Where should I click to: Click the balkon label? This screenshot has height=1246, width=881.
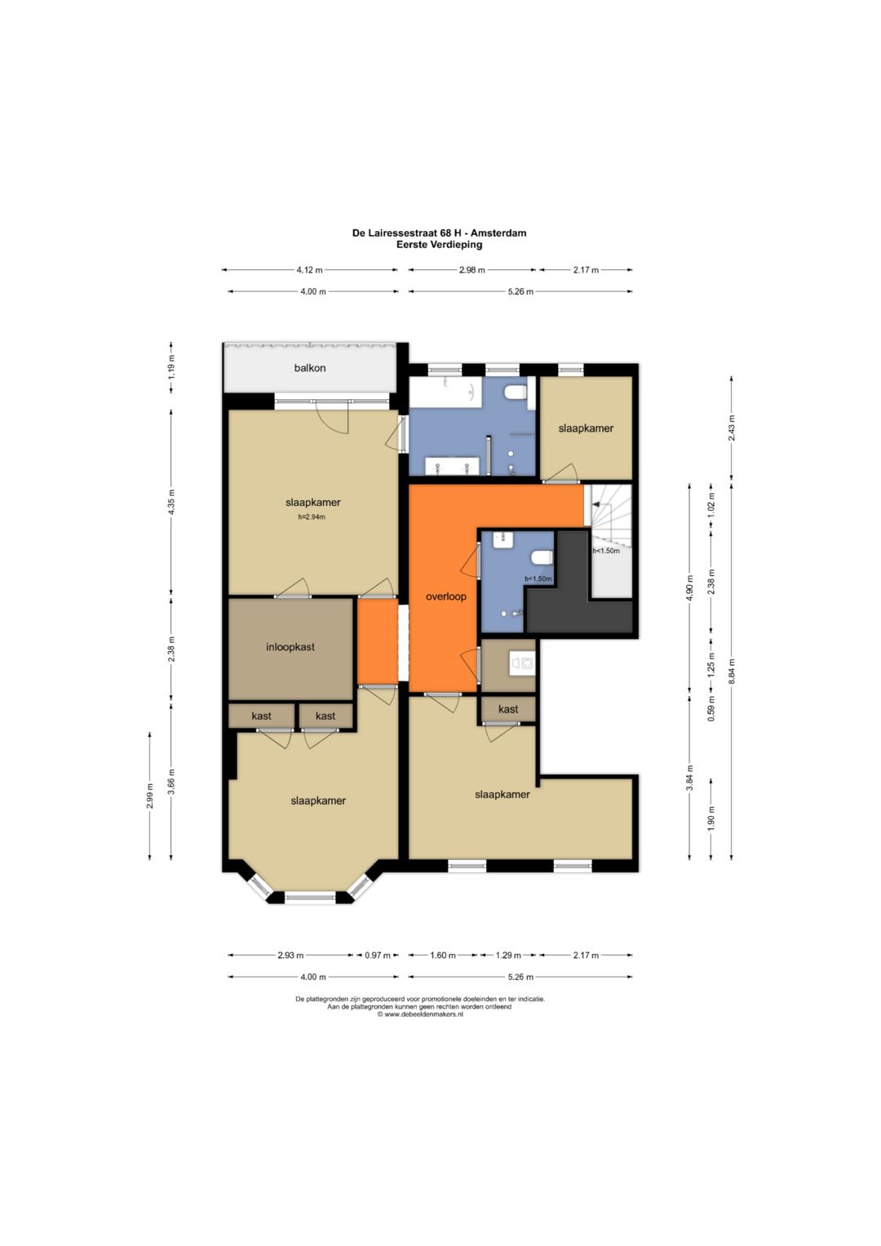[310, 368]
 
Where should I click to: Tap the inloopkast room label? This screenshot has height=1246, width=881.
[290, 647]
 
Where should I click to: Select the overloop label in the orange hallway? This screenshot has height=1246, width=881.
[445, 596]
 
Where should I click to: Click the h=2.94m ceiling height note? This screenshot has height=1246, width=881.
[312, 517]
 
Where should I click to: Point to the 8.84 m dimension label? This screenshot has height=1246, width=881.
[731, 669]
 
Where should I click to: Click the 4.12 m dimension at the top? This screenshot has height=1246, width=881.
[309, 270]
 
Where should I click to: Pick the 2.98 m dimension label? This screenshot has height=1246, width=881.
[471, 270]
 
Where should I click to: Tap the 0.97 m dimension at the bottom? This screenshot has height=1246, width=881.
[377, 955]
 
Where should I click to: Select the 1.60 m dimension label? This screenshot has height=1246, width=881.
[443, 955]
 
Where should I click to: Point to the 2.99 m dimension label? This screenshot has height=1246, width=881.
[149, 796]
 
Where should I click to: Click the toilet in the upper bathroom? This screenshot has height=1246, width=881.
[514, 392]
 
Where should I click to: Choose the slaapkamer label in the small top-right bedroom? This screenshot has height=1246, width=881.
[586, 428]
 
